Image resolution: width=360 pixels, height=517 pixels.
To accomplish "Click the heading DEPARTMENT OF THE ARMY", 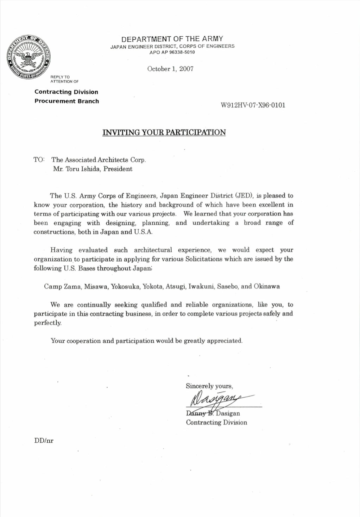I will [x=172, y=39].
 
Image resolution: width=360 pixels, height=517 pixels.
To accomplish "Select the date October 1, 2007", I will [x=170, y=69].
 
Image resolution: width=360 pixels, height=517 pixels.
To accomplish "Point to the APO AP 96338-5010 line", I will [x=172, y=52].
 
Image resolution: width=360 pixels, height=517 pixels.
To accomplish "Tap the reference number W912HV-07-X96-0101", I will [x=253, y=105].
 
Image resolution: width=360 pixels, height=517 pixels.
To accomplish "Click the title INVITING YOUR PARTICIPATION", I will [x=164, y=132].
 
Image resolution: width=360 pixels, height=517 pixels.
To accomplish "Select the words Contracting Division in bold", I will [x=66, y=92].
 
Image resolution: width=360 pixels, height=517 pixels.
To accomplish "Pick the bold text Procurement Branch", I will [x=67, y=101].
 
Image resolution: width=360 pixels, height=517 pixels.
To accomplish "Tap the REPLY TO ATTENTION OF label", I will [x=64, y=79].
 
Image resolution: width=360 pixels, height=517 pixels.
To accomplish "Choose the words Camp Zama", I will [x=63, y=286].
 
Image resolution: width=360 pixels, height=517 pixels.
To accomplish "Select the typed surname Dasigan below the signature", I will [x=228, y=413].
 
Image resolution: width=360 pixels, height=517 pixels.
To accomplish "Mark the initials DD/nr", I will [x=44, y=441].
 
